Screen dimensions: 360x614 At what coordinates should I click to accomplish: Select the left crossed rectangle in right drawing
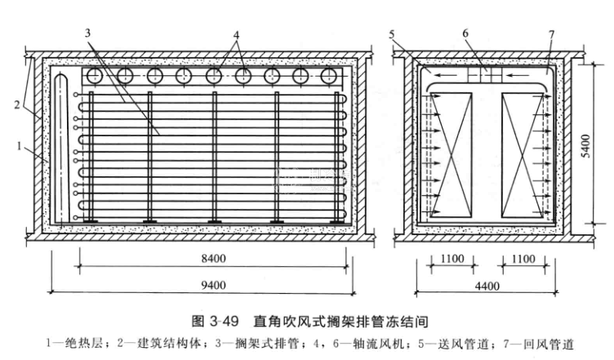tap(452, 152)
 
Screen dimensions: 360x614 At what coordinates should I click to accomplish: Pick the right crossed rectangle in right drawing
tap(523, 152)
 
